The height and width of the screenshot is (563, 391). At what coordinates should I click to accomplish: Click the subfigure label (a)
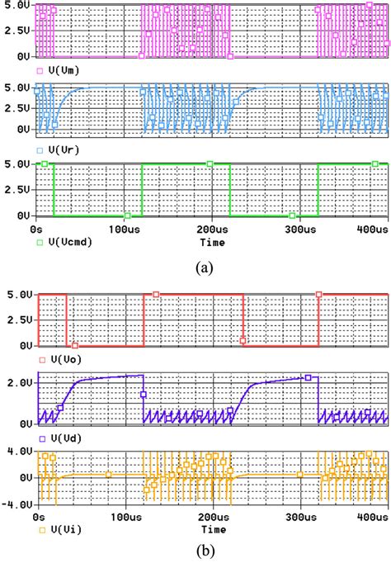click(x=203, y=267)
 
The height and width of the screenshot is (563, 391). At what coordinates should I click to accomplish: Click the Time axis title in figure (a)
click(x=214, y=242)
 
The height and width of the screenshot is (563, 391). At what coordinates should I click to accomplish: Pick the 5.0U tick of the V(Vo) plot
click(x=19, y=295)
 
